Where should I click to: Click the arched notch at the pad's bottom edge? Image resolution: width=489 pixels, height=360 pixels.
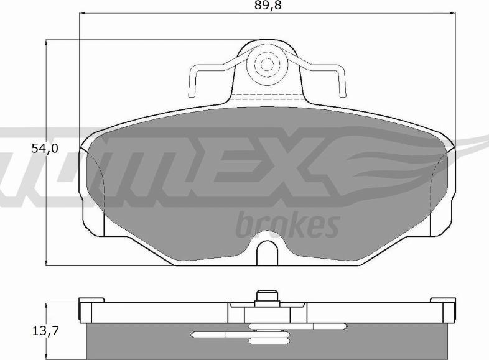268,252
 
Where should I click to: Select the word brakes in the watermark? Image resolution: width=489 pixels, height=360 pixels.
287,225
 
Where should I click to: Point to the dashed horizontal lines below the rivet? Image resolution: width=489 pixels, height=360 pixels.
268,97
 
